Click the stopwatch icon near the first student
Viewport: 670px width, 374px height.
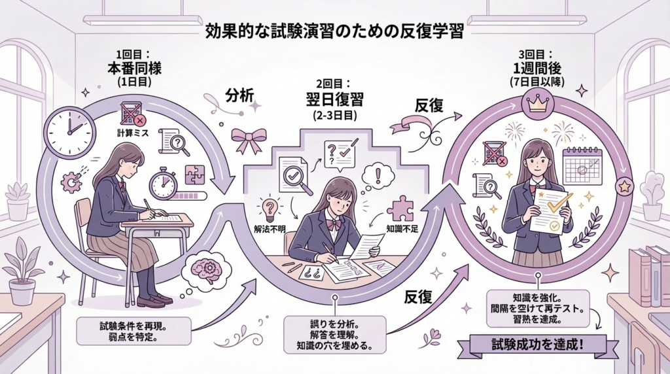(164, 183)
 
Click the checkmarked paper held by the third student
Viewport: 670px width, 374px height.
(548, 209)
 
